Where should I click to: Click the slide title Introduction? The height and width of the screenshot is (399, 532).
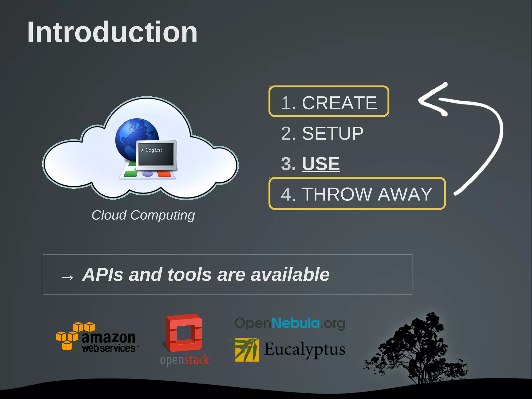click(x=112, y=32)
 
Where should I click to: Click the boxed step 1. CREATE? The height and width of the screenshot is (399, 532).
click(x=329, y=102)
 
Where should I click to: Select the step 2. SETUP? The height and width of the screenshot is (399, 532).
click(x=322, y=134)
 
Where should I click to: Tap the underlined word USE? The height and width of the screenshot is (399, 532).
click(x=321, y=164)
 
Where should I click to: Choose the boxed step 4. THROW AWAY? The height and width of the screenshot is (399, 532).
click(x=357, y=194)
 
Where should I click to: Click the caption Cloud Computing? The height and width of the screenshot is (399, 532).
click(x=143, y=215)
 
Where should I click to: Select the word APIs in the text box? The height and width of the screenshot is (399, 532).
click(x=102, y=275)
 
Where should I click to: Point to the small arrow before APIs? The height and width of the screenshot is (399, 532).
click(x=67, y=277)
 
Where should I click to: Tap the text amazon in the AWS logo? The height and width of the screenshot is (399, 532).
click(x=108, y=337)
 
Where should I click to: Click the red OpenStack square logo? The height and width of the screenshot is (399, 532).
click(x=184, y=332)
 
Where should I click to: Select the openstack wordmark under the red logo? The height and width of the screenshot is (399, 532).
click(x=185, y=360)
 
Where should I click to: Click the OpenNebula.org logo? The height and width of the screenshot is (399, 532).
click(x=290, y=323)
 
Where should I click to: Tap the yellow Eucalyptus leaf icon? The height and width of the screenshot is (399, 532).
click(x=247, y=350)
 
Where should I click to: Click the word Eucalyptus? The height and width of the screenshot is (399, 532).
click(x=304, y=349)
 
